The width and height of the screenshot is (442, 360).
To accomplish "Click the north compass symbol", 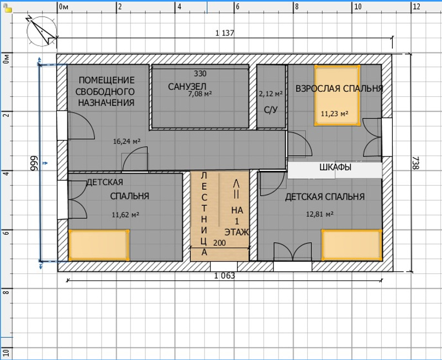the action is coord(41,31).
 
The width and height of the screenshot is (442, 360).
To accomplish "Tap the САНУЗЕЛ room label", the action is coord(187,86).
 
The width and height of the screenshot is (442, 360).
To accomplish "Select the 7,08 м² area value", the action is coord(200,93).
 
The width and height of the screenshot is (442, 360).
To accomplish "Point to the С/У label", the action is coord(271,109).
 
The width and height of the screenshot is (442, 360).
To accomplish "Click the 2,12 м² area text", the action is coord(271,93).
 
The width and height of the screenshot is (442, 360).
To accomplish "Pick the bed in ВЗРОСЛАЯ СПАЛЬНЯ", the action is coord(338,95).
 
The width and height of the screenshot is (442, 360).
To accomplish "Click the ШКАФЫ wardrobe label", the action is coord(335,168).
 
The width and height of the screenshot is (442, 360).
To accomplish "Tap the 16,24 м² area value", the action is coord(127,141).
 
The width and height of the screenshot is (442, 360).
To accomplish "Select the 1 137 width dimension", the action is coord(225,33).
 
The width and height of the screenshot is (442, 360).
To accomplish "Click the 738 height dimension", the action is coord(416,163).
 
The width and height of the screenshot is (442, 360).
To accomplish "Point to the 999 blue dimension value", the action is coord(34,163).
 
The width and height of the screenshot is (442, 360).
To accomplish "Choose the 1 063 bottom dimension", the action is coord(224,275).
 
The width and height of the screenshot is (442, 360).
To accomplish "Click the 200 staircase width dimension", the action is coord(219,243).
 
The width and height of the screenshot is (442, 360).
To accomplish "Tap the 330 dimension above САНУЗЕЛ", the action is coord(200,74).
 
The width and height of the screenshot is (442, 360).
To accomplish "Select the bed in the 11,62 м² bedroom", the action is coord(99,245).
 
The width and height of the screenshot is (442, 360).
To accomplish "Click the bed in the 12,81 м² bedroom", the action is coord(351,245).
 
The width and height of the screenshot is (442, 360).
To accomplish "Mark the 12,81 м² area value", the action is coord(320,214).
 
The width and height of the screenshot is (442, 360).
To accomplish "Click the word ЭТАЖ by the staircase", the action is coord(237,232).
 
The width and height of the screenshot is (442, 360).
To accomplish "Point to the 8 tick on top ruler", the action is coord(296,7).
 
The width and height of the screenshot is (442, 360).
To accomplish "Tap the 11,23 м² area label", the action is coord(334,114).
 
